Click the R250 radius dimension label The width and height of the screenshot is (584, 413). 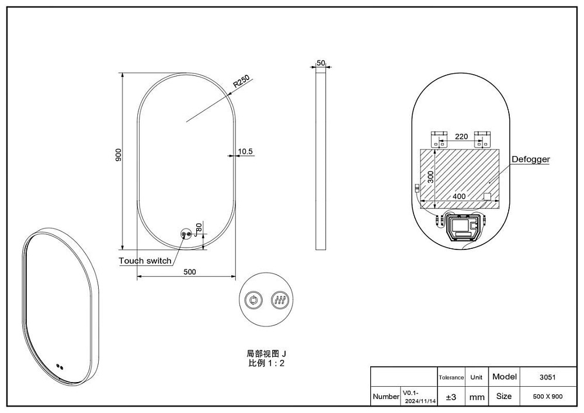pos(241,82)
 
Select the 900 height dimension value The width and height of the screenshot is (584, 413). pos(119,155)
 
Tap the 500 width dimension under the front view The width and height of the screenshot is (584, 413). pos(190,272)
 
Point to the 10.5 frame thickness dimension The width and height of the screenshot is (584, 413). pos(245,151)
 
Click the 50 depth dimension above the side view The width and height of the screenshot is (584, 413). pos(321,63)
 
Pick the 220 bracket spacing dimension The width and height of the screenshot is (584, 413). pos(461,137)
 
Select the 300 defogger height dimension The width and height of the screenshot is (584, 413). pos(430,176)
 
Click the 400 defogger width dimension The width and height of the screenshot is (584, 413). pos(459,196)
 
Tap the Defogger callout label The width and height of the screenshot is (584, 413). pos(531,159)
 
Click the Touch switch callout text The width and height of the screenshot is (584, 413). pos(145,261)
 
